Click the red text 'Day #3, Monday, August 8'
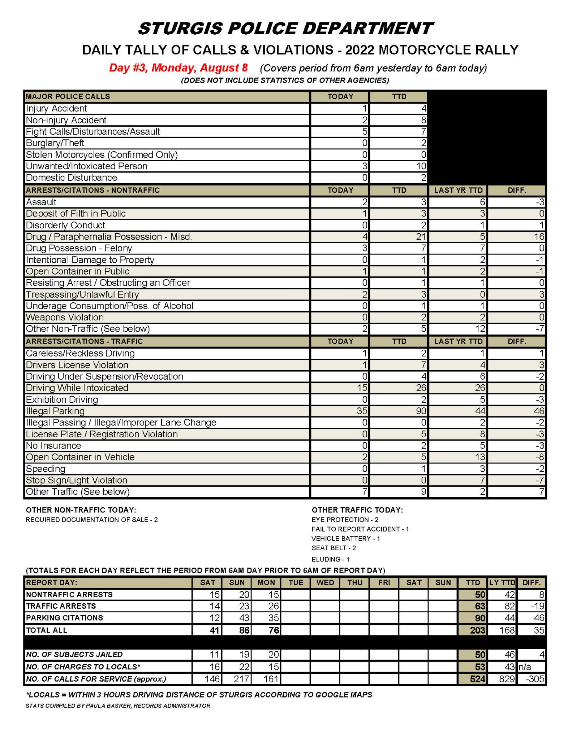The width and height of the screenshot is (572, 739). pyautogui.click(x=178, y=68)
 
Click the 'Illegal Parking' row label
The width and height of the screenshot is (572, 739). pyautogui.click(x=55, y=411)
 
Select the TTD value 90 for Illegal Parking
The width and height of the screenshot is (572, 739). pyautogui.click(x=421, y=411)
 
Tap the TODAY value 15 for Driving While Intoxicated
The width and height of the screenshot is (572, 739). pyautogui.click(x=362, y=388)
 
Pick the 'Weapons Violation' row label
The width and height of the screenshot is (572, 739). pyautogui.click(x=65, y=317)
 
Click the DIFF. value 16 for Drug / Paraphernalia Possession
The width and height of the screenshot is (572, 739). pyautogui.click(x=539, y=237)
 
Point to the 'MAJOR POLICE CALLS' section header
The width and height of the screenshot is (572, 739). pyautogui.click(x=68, y=96)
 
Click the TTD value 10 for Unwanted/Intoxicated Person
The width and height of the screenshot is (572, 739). pyautogui.click(x=421, y=166)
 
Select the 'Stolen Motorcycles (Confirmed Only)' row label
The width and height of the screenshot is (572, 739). pyautogui.click(x=102, y=154)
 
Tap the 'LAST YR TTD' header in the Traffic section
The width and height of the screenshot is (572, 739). pyautogui.click(x=458, y=341)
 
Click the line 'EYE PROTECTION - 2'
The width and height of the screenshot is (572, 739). pyautogui.click(x=345, y=520)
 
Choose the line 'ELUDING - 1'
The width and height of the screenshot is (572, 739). pyautogui.click(x=330, y=559)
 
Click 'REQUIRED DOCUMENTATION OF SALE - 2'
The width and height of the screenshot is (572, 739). pyautogui.click(x=92, y=520)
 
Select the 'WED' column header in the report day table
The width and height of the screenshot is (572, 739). pyautogui.click(x=325, y=582)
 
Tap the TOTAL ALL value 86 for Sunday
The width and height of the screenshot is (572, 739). pyautogui.click(x=244, y=630)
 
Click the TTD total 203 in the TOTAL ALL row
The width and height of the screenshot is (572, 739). pyautogui.click(x=478, y=630)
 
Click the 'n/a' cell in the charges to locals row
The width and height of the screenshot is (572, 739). pyautogui.click(x=525, y=666)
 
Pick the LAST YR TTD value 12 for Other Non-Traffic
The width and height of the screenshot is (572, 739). pyautogui.click(x=480, y=329)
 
